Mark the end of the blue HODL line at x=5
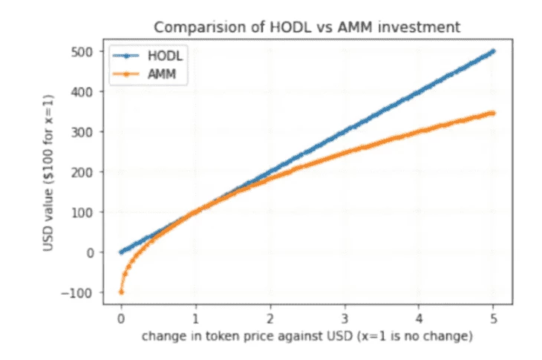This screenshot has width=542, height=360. pos(493,51)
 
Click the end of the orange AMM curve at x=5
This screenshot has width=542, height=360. pos(493,113)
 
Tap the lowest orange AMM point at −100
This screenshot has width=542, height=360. pos(121,292)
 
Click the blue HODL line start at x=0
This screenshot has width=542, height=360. pos(121,252)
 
